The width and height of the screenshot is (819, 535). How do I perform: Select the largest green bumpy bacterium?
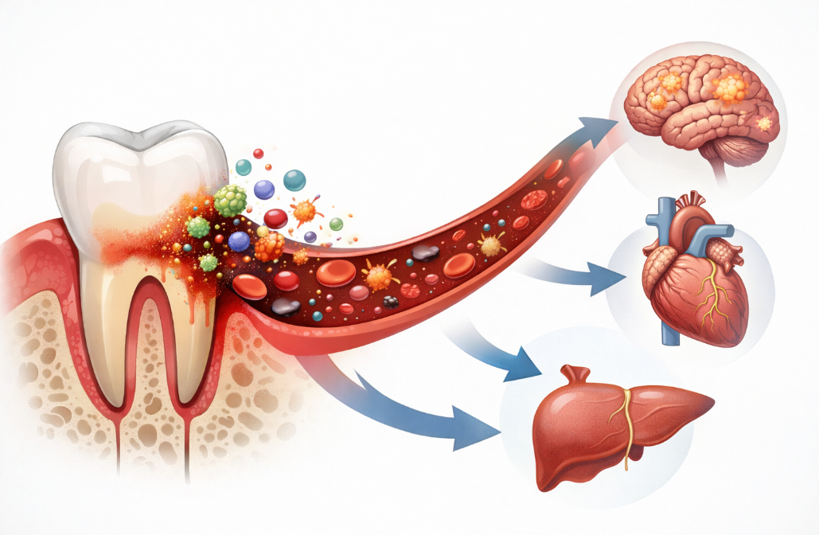tap(230, 201)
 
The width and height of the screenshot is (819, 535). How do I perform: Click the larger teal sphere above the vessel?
tap(294, 180)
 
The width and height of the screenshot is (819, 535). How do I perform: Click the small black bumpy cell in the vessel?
tap(390, 301)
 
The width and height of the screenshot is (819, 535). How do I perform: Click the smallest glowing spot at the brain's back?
tap(764, 123)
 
